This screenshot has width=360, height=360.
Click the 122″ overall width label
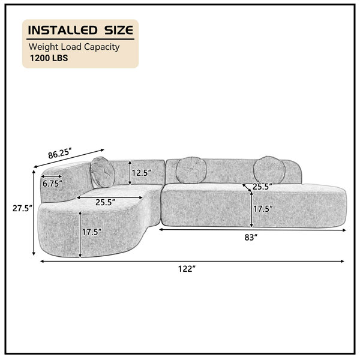(x=187, y=268)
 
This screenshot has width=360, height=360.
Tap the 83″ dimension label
(x=251, y=237)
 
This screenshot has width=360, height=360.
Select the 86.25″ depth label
(x=59, y=154)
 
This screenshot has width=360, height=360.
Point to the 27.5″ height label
(x=22, y=208)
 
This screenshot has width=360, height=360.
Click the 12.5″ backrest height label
(x=141, y=173)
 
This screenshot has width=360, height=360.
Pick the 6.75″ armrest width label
(x=52, y=184)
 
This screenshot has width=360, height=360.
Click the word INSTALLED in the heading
(x=62, y=30)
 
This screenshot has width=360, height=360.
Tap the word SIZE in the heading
(x=119, y=30)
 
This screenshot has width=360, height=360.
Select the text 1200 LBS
(x=49, y=58)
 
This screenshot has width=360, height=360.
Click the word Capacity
(x=102, y=47)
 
